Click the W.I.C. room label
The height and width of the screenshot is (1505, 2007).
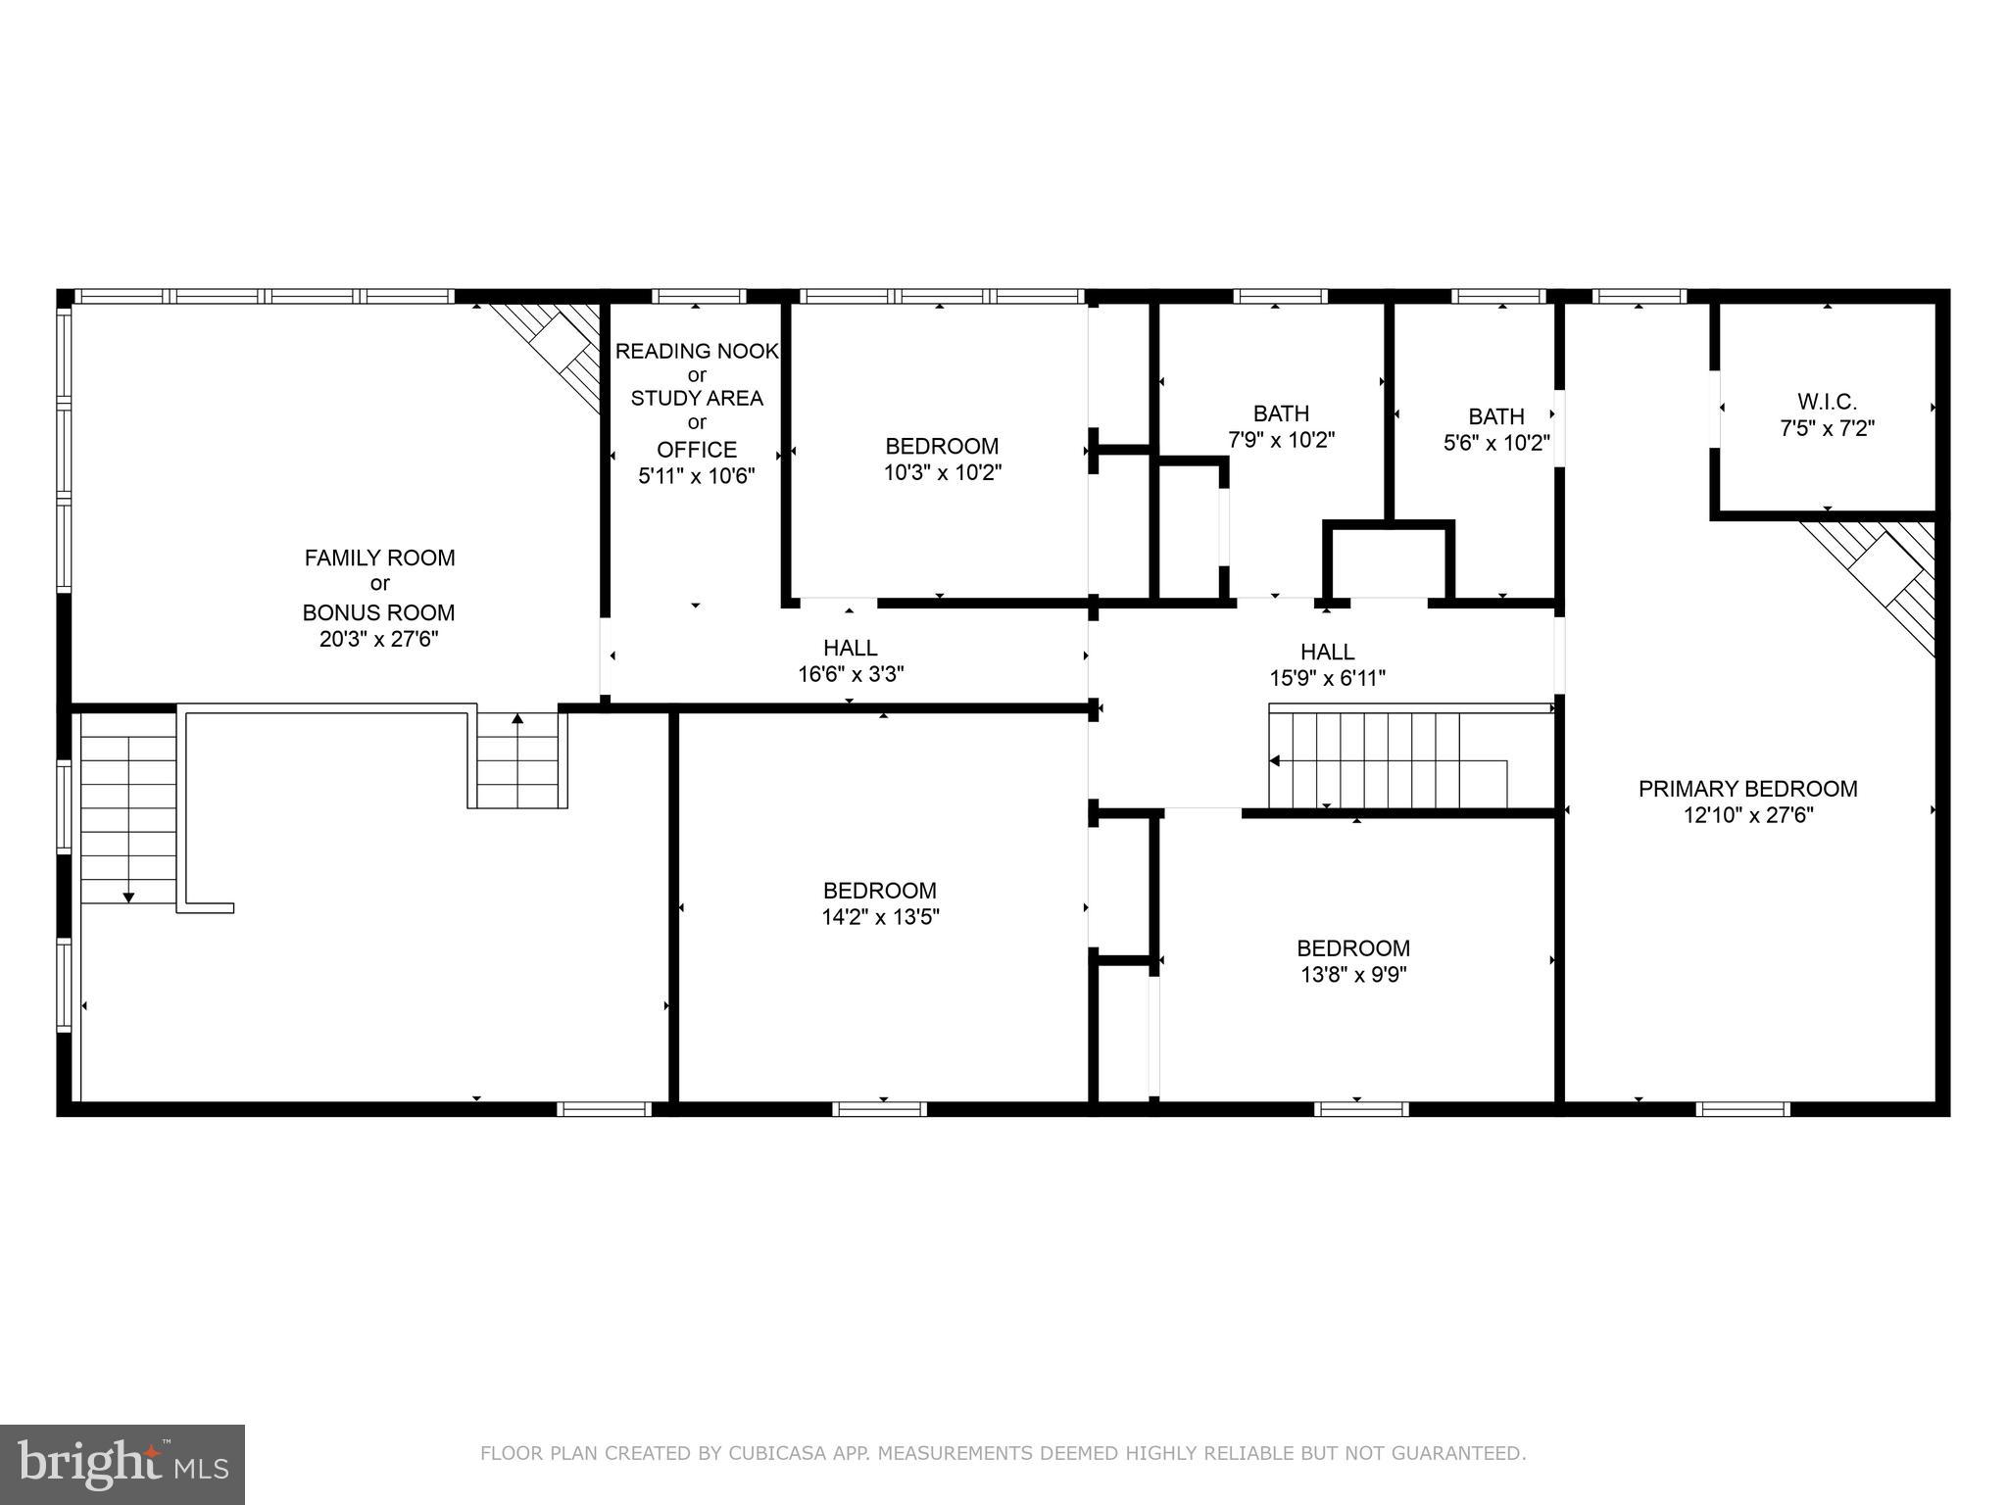point(1827,402)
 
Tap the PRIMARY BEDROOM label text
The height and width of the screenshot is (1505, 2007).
point(1747,789)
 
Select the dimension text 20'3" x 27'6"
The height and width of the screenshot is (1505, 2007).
point(379,639)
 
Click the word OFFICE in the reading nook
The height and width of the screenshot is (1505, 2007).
point(696,450)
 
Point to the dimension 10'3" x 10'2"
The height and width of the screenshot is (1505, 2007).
point(942,472)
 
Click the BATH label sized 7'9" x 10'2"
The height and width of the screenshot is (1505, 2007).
point(1281,413)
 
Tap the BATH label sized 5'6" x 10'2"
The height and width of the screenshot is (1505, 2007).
point(1495,416)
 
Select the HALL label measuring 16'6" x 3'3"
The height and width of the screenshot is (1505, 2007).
point(850,648)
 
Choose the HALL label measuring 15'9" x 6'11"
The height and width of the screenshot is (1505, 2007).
point(1327,652)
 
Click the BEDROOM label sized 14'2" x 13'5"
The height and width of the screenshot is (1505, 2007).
point(879,891)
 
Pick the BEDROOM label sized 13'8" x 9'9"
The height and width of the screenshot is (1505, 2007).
point(1352,948)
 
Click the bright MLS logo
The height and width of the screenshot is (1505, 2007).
point(122,1464)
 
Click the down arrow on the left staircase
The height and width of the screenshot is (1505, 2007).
point(128,896)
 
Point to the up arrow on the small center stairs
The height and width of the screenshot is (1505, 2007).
point(517,720)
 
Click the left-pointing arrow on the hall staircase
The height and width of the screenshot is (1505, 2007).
point(1275,760)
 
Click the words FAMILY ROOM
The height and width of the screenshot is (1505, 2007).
point(379,558)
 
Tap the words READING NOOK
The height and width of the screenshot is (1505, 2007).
point(696,351)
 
